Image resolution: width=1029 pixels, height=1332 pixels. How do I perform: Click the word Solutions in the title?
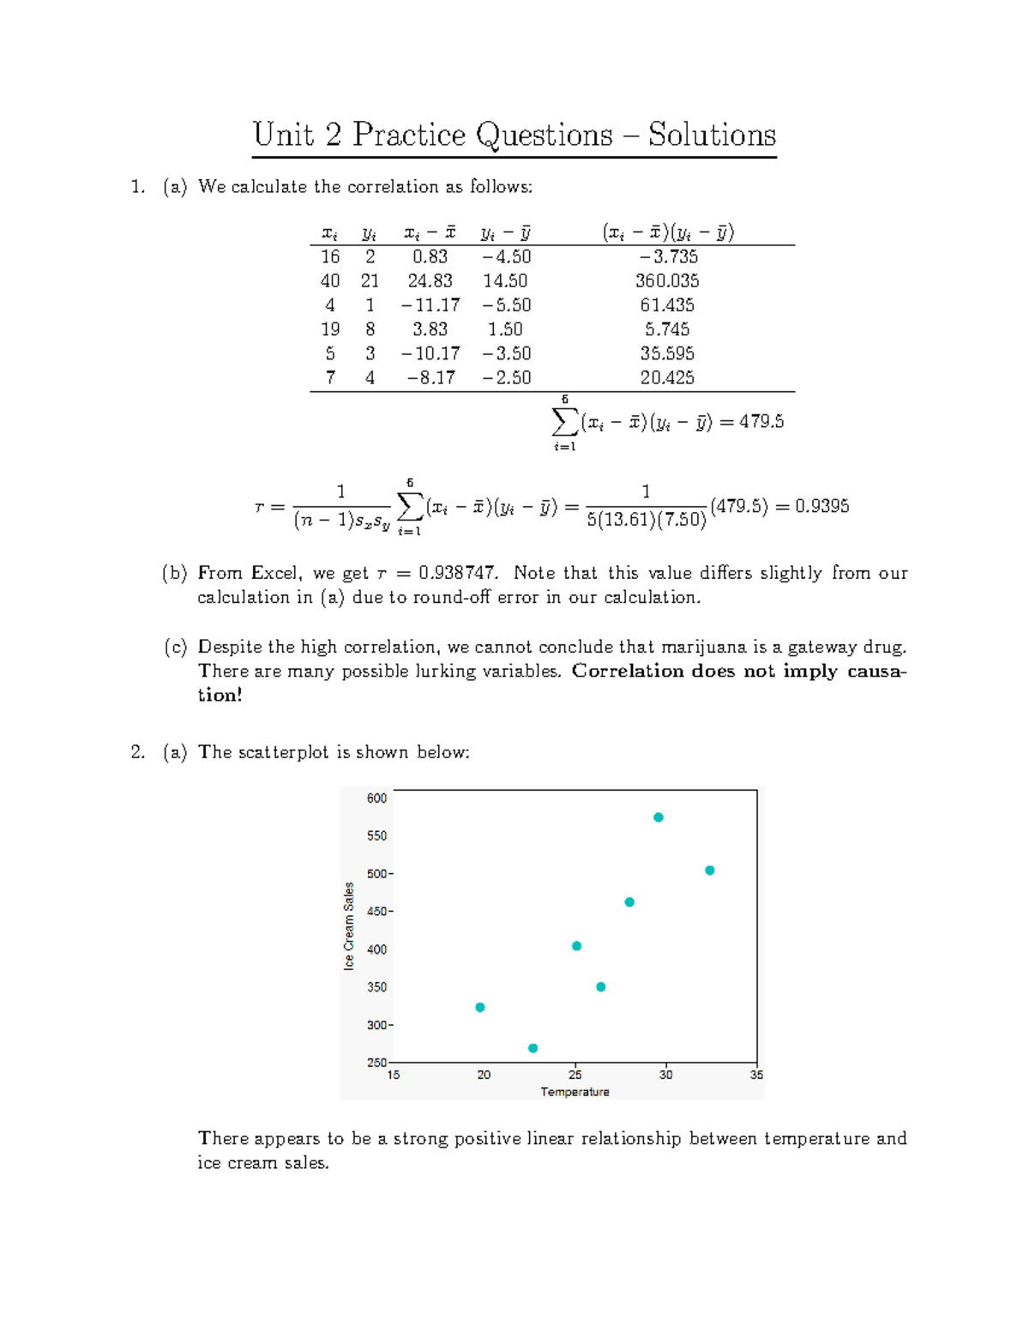(712, 136)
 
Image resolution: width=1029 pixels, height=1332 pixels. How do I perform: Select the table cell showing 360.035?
(667, 280)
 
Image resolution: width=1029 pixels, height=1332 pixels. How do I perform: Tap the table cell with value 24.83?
(430, 280)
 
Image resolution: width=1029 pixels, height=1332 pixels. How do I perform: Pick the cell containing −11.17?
(430, 304)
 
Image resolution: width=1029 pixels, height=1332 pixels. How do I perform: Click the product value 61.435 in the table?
(667, 304)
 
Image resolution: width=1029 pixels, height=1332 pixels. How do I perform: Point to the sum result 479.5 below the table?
(761, 421)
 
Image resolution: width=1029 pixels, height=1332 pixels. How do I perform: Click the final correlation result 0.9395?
(821, 506)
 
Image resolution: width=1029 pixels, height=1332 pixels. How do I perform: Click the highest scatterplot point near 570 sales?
(659, 817)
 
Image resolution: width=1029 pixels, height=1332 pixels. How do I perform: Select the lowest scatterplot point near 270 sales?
(533, 1048)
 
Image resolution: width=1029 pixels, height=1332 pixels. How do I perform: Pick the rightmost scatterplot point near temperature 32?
(710, 871)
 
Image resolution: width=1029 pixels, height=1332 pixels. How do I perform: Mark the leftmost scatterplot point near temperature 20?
(480, 1007)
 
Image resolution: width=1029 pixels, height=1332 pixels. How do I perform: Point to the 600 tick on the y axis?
(377, 798)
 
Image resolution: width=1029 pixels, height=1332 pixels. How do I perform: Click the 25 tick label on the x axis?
(575, 1075)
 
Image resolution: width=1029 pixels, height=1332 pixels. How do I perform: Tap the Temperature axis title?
(575, 1092)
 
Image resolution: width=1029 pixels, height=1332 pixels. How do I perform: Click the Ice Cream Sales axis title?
(349, 926)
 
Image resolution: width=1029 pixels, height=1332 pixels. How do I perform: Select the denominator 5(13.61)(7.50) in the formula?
(647, 520)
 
